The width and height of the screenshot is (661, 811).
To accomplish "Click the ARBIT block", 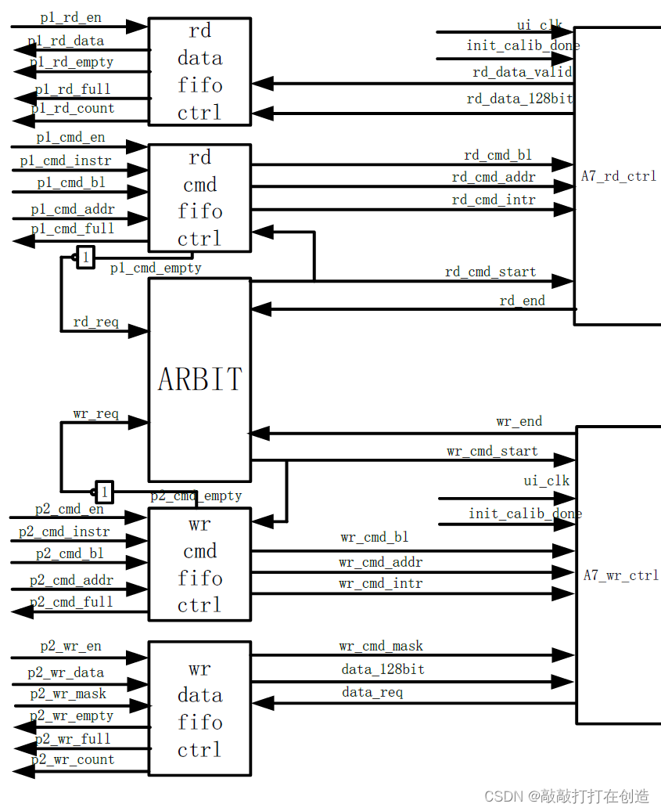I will (199, 380).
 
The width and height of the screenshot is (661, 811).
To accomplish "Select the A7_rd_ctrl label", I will (618, 176).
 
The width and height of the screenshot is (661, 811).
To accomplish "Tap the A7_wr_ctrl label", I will (620, 575).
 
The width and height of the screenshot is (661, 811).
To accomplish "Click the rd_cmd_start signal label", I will (490, 272).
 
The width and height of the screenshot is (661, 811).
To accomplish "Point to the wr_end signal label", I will (519, 422).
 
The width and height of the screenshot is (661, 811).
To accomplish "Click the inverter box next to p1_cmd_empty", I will (85, 257).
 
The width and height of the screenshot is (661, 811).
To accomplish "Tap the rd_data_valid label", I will (522, 72).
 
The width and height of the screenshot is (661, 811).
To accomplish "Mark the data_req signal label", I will (372, 692).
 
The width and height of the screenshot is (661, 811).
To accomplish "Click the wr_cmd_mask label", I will (381, 646).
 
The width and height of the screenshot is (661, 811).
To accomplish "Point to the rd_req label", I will (96, 322).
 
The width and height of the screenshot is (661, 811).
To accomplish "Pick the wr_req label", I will (96, 413).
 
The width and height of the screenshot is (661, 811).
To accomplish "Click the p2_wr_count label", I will (73, 759).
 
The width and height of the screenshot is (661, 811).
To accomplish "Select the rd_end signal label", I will (522, 301).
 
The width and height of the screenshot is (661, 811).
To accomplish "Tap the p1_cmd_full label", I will (73, 229).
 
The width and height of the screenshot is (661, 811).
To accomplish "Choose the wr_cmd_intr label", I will (380, 583).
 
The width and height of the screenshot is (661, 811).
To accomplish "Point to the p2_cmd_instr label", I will (65, 532).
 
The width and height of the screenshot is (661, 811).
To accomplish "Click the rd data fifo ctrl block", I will (199, 71).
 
